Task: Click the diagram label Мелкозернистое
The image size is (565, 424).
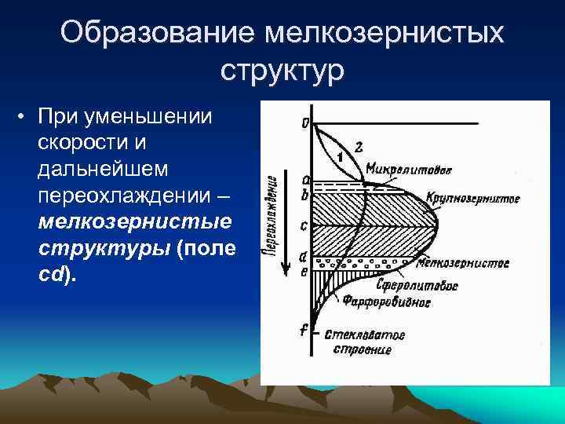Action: tap(463, 263)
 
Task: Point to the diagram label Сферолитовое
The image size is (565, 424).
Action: tap(428, 286)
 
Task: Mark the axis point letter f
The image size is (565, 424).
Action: tap(303, 331)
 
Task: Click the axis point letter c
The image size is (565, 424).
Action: tap(304, 226)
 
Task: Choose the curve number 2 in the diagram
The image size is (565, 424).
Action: tap(359, 146)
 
